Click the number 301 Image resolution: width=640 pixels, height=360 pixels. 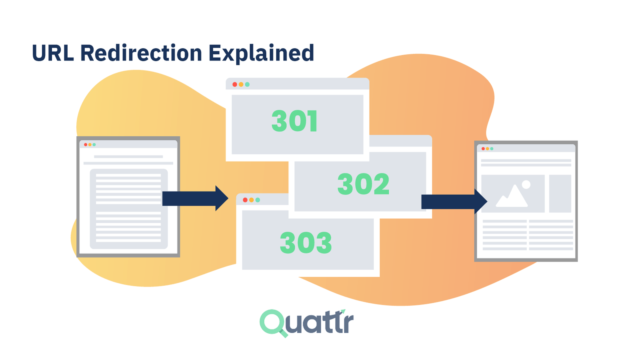(295, 121)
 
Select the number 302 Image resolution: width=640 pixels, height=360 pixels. (363, 184)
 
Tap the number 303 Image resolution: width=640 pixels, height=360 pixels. (306, 243)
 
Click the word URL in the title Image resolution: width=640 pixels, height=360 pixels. (52, 53)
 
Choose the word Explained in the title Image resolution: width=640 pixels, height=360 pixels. (261, 53)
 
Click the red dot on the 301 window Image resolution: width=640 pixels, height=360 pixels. (235, 84)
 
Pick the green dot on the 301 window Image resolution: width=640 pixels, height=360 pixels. (247, 84)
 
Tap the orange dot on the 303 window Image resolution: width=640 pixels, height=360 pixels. (251, 200)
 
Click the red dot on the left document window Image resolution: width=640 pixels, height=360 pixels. (86, 145)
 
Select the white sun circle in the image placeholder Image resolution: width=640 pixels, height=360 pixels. (526, 184)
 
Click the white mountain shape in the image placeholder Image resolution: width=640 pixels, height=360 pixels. (512, 197)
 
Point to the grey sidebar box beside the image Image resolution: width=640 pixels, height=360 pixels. (560, 194)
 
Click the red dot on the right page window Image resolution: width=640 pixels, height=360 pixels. (483, 149)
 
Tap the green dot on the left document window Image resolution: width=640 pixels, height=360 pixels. (94, 145)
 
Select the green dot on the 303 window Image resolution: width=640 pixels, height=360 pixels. (258, 200)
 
